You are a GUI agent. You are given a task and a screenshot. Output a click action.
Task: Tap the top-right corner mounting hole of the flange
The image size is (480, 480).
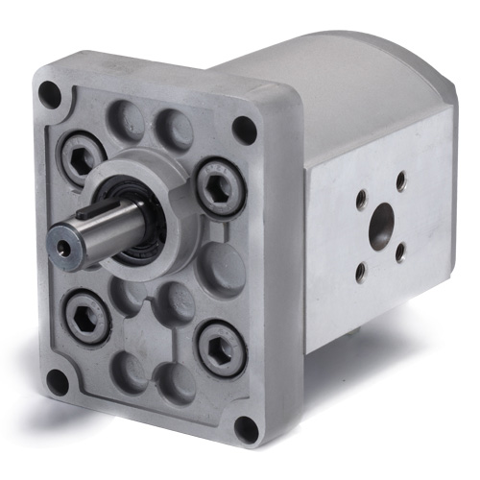[x=245, y=128]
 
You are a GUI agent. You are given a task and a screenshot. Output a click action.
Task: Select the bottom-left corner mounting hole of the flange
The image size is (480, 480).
[x=57, y=380]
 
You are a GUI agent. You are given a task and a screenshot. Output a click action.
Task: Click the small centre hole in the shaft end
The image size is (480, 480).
[x=63, y=247]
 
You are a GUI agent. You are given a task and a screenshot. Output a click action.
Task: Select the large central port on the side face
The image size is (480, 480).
[x=382, y=224]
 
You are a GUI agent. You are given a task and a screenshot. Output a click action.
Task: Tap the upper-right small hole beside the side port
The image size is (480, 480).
[x=400, y=180]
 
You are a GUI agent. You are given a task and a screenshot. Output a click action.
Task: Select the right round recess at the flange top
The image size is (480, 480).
[x=173, y=126]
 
